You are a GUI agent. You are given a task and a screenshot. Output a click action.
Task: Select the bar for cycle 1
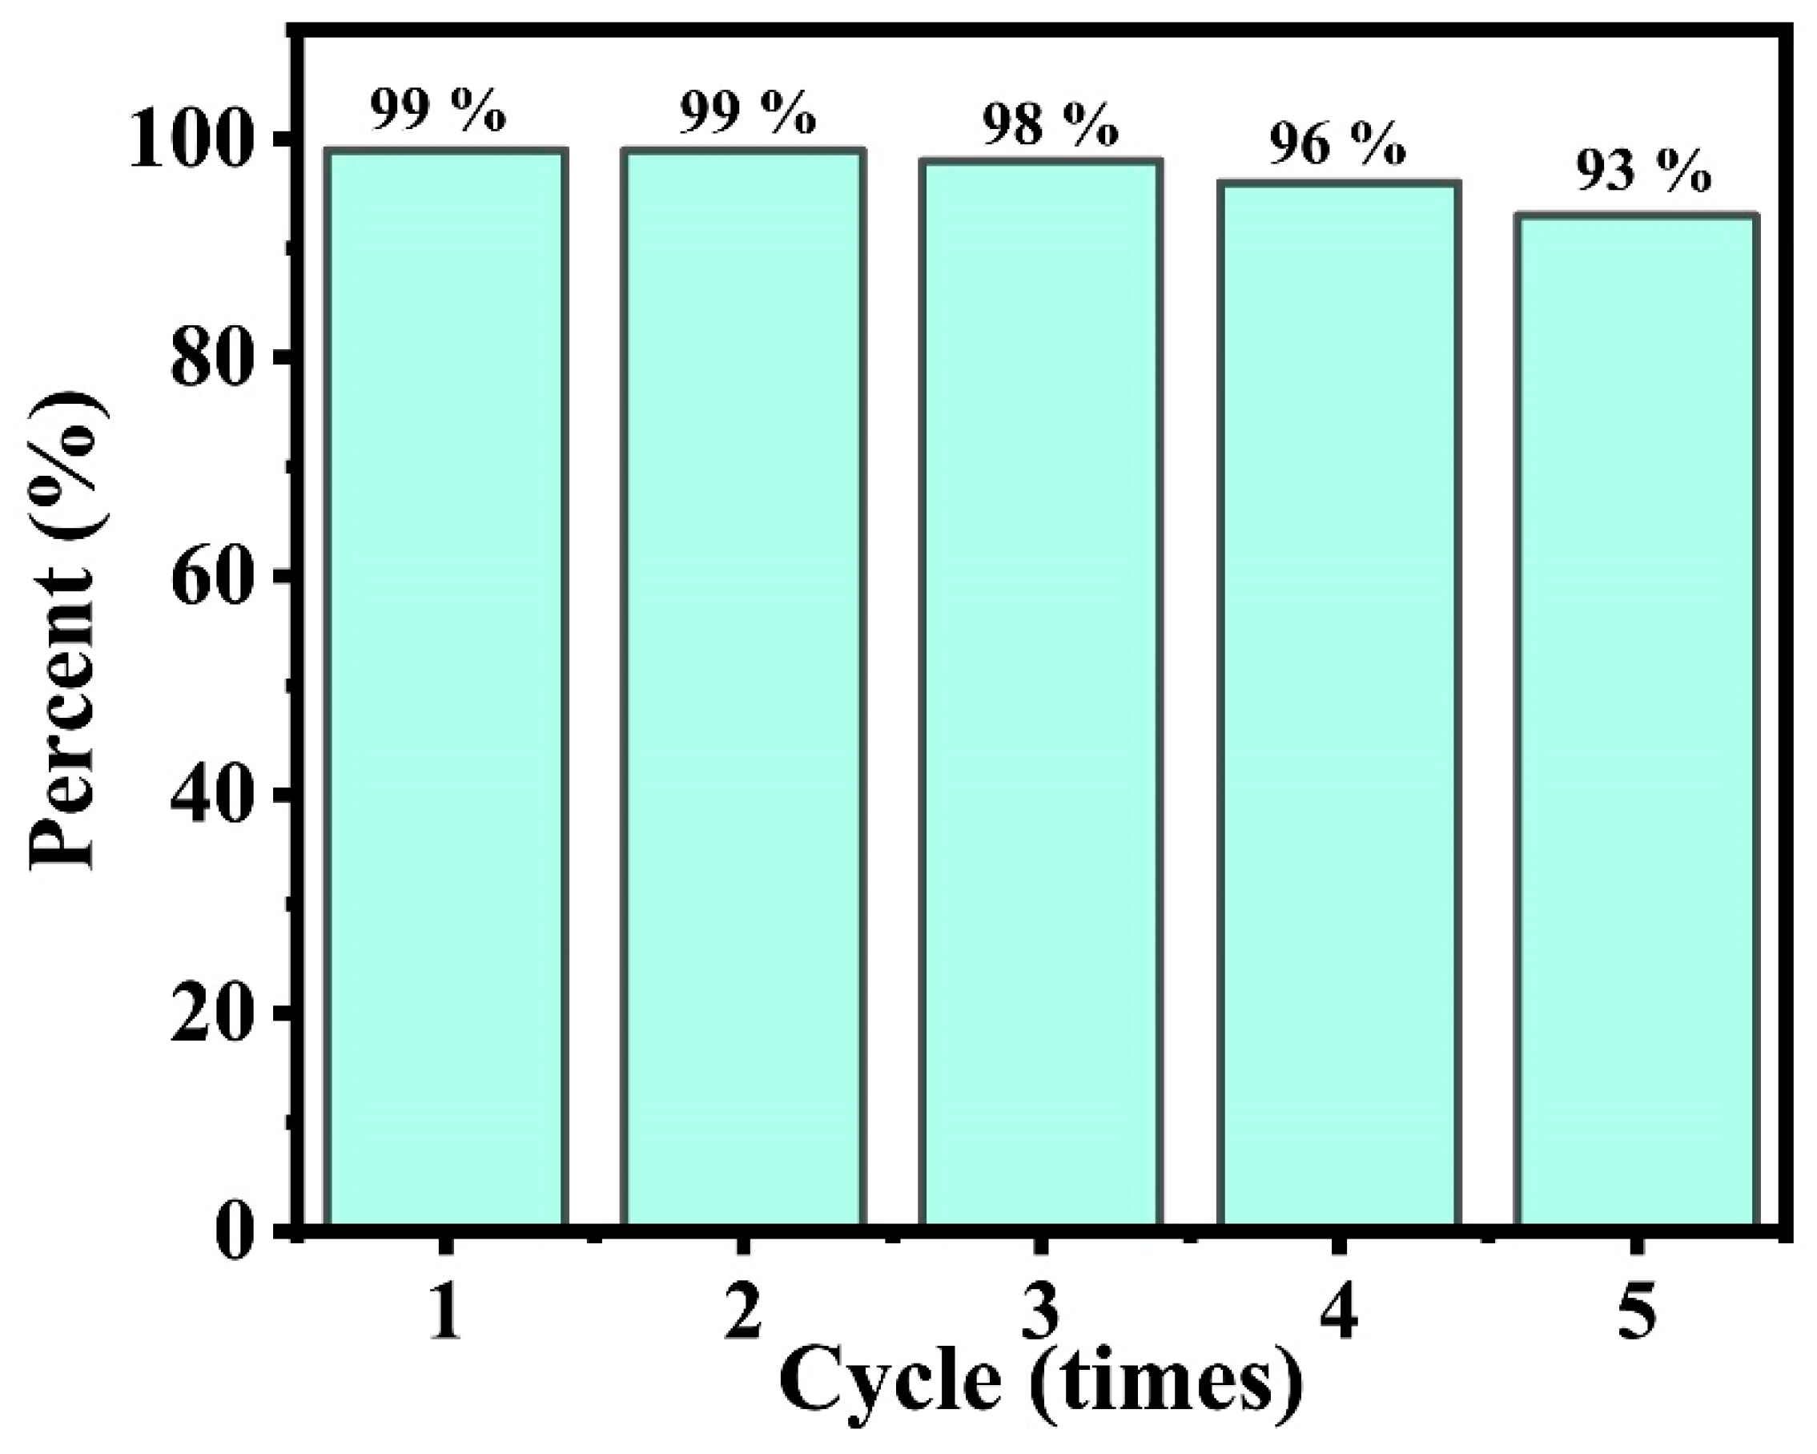446,687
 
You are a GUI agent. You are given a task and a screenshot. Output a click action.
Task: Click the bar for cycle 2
743,687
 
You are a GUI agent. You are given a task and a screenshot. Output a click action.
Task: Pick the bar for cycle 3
1041,691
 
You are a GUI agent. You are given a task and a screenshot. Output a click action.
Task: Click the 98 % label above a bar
1050,127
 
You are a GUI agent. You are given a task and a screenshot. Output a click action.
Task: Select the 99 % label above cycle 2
747,114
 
